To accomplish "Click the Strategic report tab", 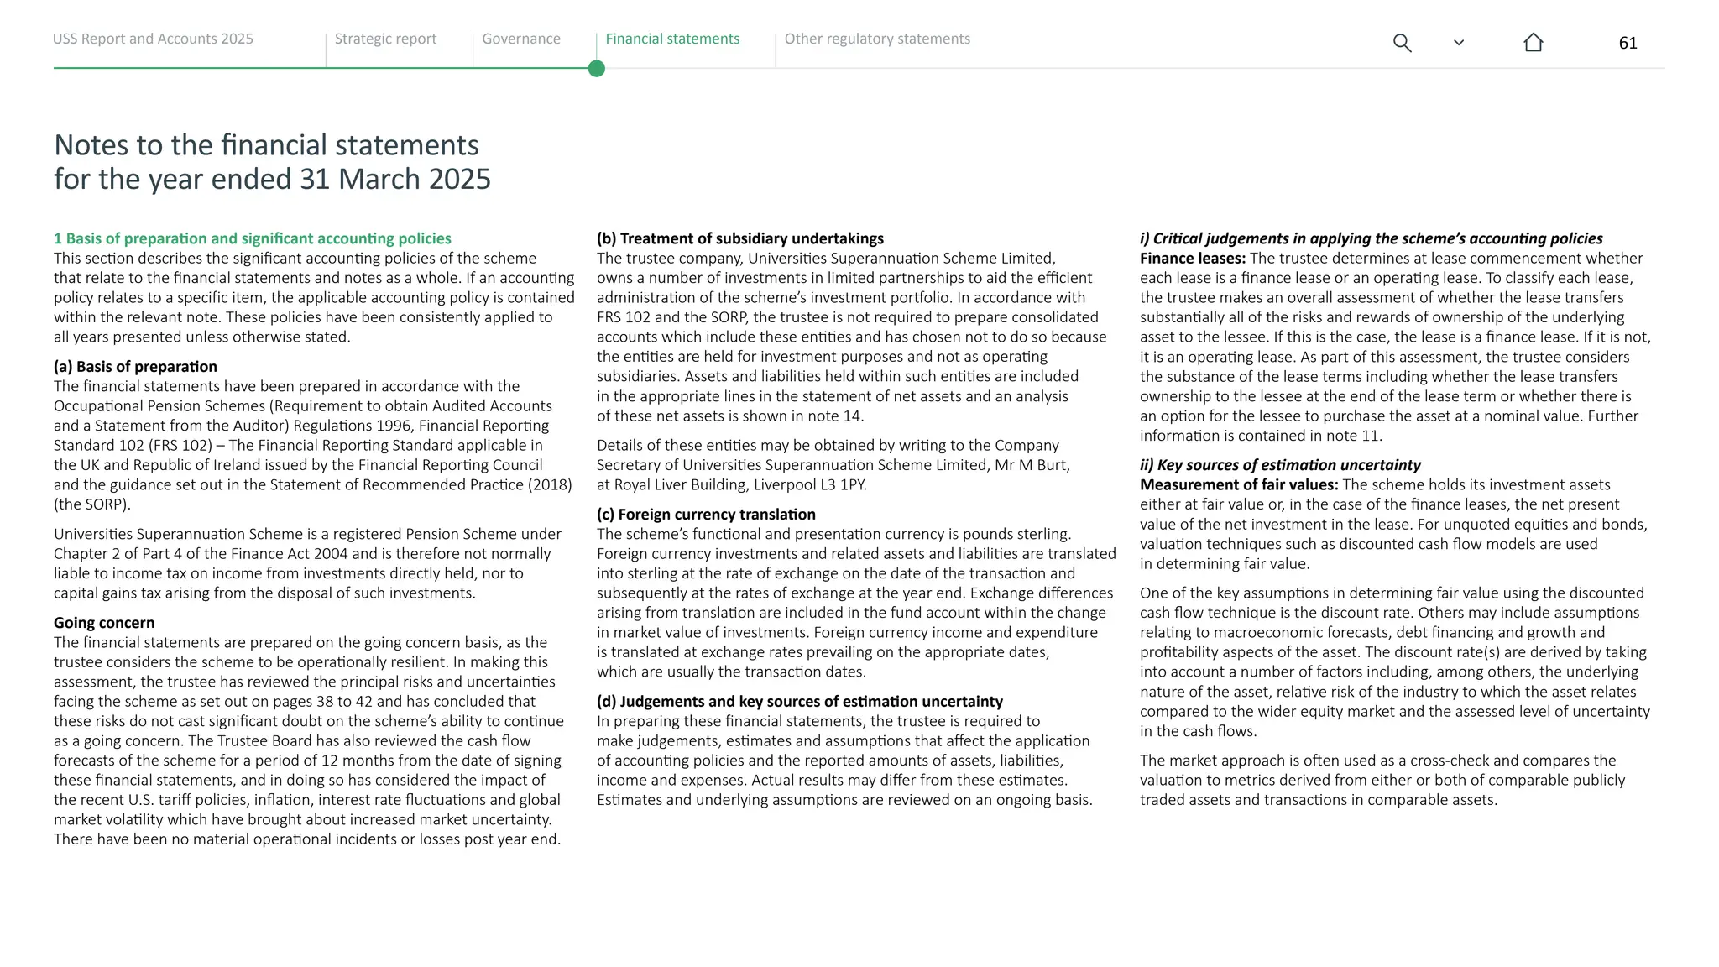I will click(385, 39).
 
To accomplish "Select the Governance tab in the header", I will click(520, 39).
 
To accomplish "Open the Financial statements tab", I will click(672, 39).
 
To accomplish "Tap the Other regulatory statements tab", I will click(876, 39).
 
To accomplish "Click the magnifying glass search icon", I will click(1402, 43).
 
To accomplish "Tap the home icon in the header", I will click(1533, 43).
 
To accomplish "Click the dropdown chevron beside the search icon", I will click(1458, 43).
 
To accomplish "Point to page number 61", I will click(1628, 44).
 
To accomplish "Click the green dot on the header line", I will click(597, 69).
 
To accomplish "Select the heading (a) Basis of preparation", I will click(135, 367).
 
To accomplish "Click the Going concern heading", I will click(104, 623).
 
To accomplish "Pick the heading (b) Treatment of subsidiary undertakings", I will click(739, 239).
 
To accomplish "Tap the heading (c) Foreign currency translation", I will click(706, 515).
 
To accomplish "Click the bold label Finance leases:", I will click(1192, 259).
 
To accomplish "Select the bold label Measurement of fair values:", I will click(1238, 485).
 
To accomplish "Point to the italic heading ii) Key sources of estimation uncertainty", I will click(1280, 465).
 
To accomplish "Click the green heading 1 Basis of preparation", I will click(252, 239).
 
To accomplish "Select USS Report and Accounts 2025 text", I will click(153, 39).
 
